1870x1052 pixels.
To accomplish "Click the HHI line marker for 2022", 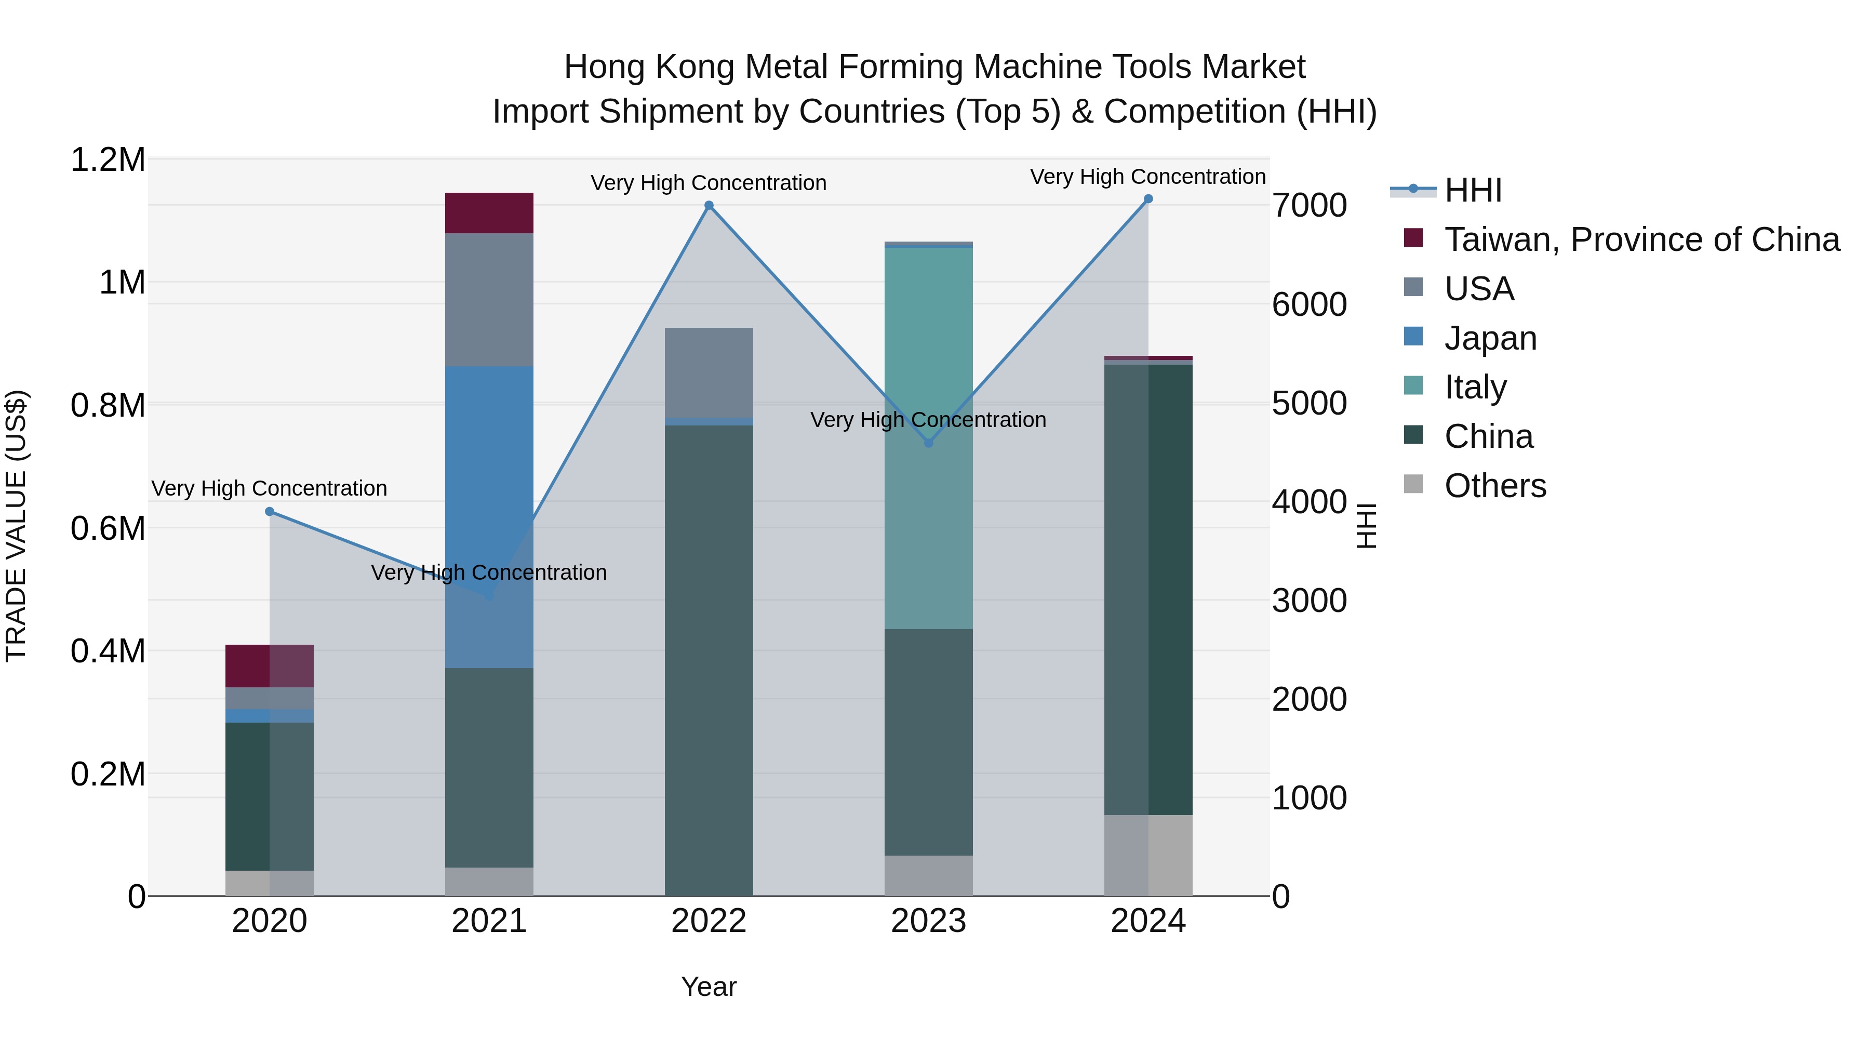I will (709, 205).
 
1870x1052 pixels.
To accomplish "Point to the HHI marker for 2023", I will (928, 443).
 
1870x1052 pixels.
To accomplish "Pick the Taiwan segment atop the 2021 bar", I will (489, 212).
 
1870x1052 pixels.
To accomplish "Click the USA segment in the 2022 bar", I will (709, 372).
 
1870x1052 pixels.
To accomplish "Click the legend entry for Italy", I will (1475, 387).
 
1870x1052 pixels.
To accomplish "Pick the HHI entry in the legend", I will (1473, 190).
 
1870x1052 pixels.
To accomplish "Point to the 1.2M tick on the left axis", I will (108, 159).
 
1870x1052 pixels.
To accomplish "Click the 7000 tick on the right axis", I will (1310, 205).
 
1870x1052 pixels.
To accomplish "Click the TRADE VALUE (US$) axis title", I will (16, 526).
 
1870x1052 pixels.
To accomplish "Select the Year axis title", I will (709, 987).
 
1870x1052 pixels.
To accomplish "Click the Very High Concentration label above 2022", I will (709, 183).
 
